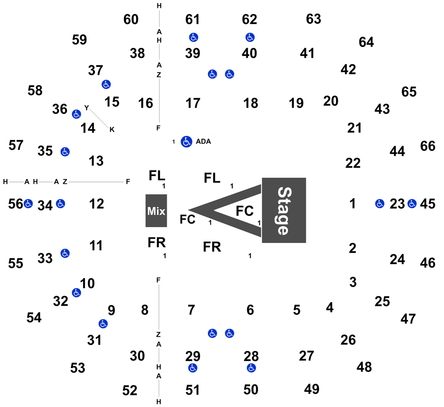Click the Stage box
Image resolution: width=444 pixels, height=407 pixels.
[284, 210]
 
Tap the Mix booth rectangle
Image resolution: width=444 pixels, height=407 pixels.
[156, 211]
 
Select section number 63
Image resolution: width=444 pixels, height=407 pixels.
[314, 19]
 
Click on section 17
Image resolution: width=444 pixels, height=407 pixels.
[193, 103]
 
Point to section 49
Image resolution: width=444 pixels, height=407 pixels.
[312, 389]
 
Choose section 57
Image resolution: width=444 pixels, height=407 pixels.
[16, 145]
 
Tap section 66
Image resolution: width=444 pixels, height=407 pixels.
[427, 146]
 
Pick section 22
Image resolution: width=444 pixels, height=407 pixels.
[353, 163]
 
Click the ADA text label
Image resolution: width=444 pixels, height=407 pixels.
[203, 141]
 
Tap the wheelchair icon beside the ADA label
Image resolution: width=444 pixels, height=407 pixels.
[186, 142]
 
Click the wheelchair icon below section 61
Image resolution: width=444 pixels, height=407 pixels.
[193, 37]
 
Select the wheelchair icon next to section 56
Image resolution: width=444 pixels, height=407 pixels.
[28, 203]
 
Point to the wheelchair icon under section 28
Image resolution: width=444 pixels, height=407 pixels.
[251, 368]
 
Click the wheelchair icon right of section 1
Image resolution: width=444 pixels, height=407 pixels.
[380, 203]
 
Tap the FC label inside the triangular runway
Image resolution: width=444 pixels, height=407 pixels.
[245, 211]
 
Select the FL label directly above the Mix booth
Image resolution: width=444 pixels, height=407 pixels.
[157, 175]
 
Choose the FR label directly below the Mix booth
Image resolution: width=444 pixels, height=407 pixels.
[157, 242]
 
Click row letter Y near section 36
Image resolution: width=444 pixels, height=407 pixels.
[87, 108]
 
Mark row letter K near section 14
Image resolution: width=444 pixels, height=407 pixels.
[112, 130]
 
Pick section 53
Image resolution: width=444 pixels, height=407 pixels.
[77, 368]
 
